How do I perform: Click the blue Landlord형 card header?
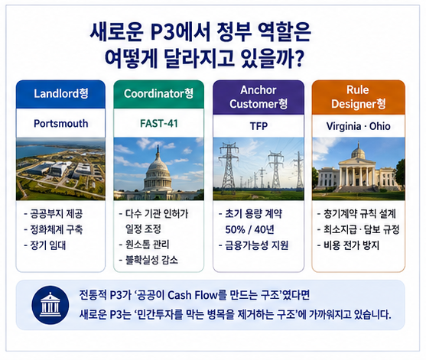tap(60, 94)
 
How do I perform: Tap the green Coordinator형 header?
tap(158, 94)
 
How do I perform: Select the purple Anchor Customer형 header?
tap(259, 97)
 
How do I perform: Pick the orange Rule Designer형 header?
tap(359, 97)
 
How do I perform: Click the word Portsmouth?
tap(61, 124)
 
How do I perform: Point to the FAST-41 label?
tap(159, 124)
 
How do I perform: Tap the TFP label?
tap(259, 126)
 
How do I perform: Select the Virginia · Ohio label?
tap(359, 126)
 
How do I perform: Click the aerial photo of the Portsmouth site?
tap(60, 169)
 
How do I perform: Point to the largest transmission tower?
tap(229, 166)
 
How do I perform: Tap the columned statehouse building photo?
tap(359, 169)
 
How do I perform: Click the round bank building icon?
tap(50, 305)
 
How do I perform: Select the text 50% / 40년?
tap(249, 230)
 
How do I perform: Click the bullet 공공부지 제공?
tap(54, 214)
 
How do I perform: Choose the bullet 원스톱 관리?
tap(145, 245)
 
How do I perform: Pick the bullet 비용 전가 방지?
tap(348, 245)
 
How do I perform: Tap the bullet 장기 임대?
tap(45, 245)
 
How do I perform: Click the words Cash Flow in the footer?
tap(193, 295)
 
